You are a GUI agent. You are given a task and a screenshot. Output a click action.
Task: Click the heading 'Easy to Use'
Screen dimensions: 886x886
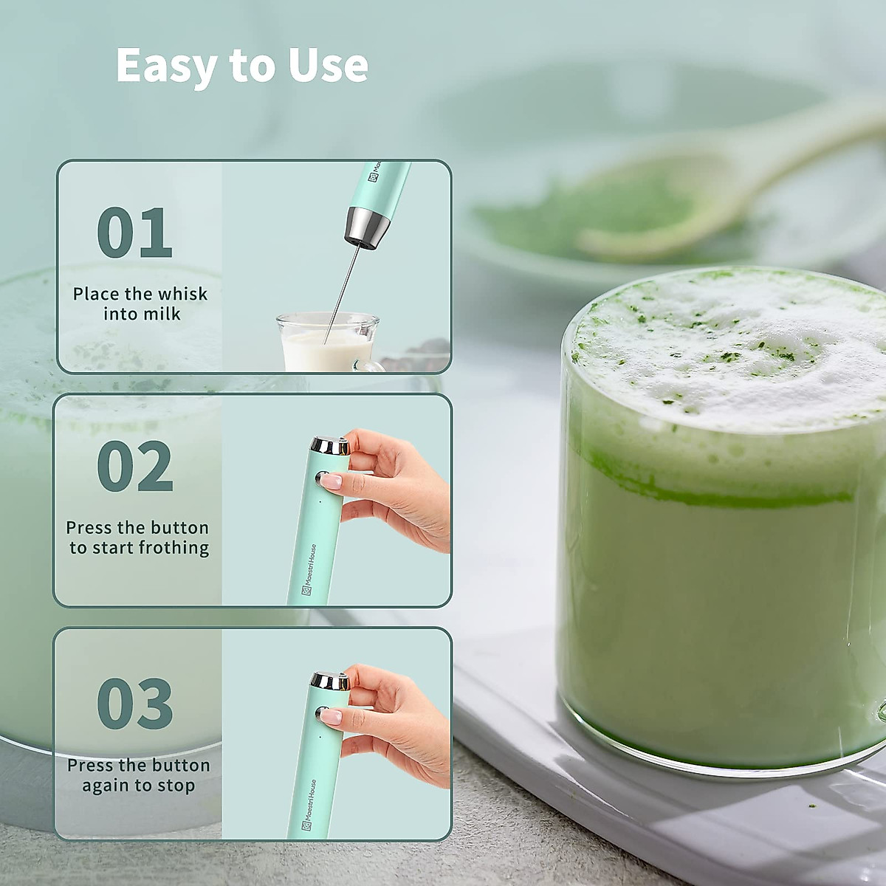coord(241,66)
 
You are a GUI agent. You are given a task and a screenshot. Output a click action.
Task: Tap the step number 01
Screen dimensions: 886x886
coord(134,233)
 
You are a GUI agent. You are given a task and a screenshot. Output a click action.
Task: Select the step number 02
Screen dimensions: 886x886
coord(134,467)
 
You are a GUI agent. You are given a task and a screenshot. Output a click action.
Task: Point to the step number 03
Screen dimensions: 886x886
coord(134,703)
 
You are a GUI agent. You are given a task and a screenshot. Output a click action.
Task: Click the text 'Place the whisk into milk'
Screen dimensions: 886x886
coord(140,303)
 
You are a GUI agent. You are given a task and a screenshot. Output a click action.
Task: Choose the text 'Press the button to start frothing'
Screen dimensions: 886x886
coord(138,538)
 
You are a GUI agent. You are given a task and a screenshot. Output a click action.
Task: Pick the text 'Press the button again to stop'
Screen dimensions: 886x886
coord(138,775)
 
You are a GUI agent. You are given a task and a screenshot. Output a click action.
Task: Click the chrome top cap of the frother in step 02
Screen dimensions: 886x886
coord(329,446)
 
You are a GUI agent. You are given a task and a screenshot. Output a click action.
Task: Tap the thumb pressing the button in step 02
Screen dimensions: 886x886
coord(336,481)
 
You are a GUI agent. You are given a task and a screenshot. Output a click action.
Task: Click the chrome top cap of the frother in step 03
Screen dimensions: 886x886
coord(329,681)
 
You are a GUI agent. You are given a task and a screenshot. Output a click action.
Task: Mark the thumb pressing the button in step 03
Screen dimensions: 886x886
coord(336,715)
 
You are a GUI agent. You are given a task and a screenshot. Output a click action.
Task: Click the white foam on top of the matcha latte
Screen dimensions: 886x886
coord(731,347)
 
